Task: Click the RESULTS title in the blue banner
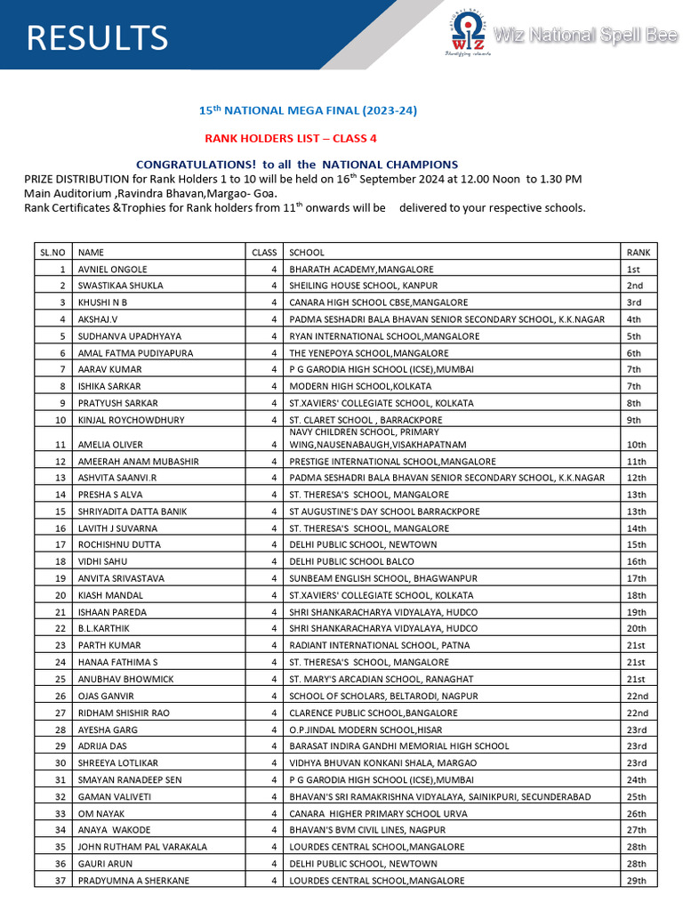pyautogui.click(x=97, y=37)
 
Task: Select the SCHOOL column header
pyautogui.click(x=307, y=253)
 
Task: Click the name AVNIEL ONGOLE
pyautogui.click(x=113, y=270)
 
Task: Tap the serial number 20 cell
pyautogui.click(x=60, y=595)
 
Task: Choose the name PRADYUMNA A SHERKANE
pyautogui.click(x=133, y=881)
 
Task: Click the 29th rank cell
pyautogui.click(x=636, y=881)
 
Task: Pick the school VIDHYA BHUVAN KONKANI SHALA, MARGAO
pyautogui.click(x=390, y=763)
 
